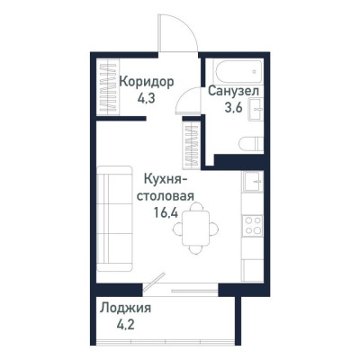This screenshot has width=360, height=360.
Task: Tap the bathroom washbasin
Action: (256, 109)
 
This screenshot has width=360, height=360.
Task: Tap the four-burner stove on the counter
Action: (253, 222)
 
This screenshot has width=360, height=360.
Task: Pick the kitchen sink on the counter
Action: (253, 182)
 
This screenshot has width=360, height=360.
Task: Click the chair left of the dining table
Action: (176, 228)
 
